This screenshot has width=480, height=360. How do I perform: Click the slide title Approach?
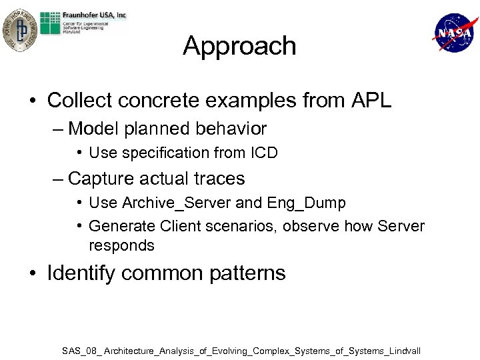[x=239, y=46]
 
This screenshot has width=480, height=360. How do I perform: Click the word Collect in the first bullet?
[x=75, y=101]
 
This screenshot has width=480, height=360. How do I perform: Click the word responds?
[x=121, y=245]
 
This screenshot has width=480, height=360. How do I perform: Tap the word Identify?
[x=80, y=273]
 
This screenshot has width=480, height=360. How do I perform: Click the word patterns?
[x=247, y=273]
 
